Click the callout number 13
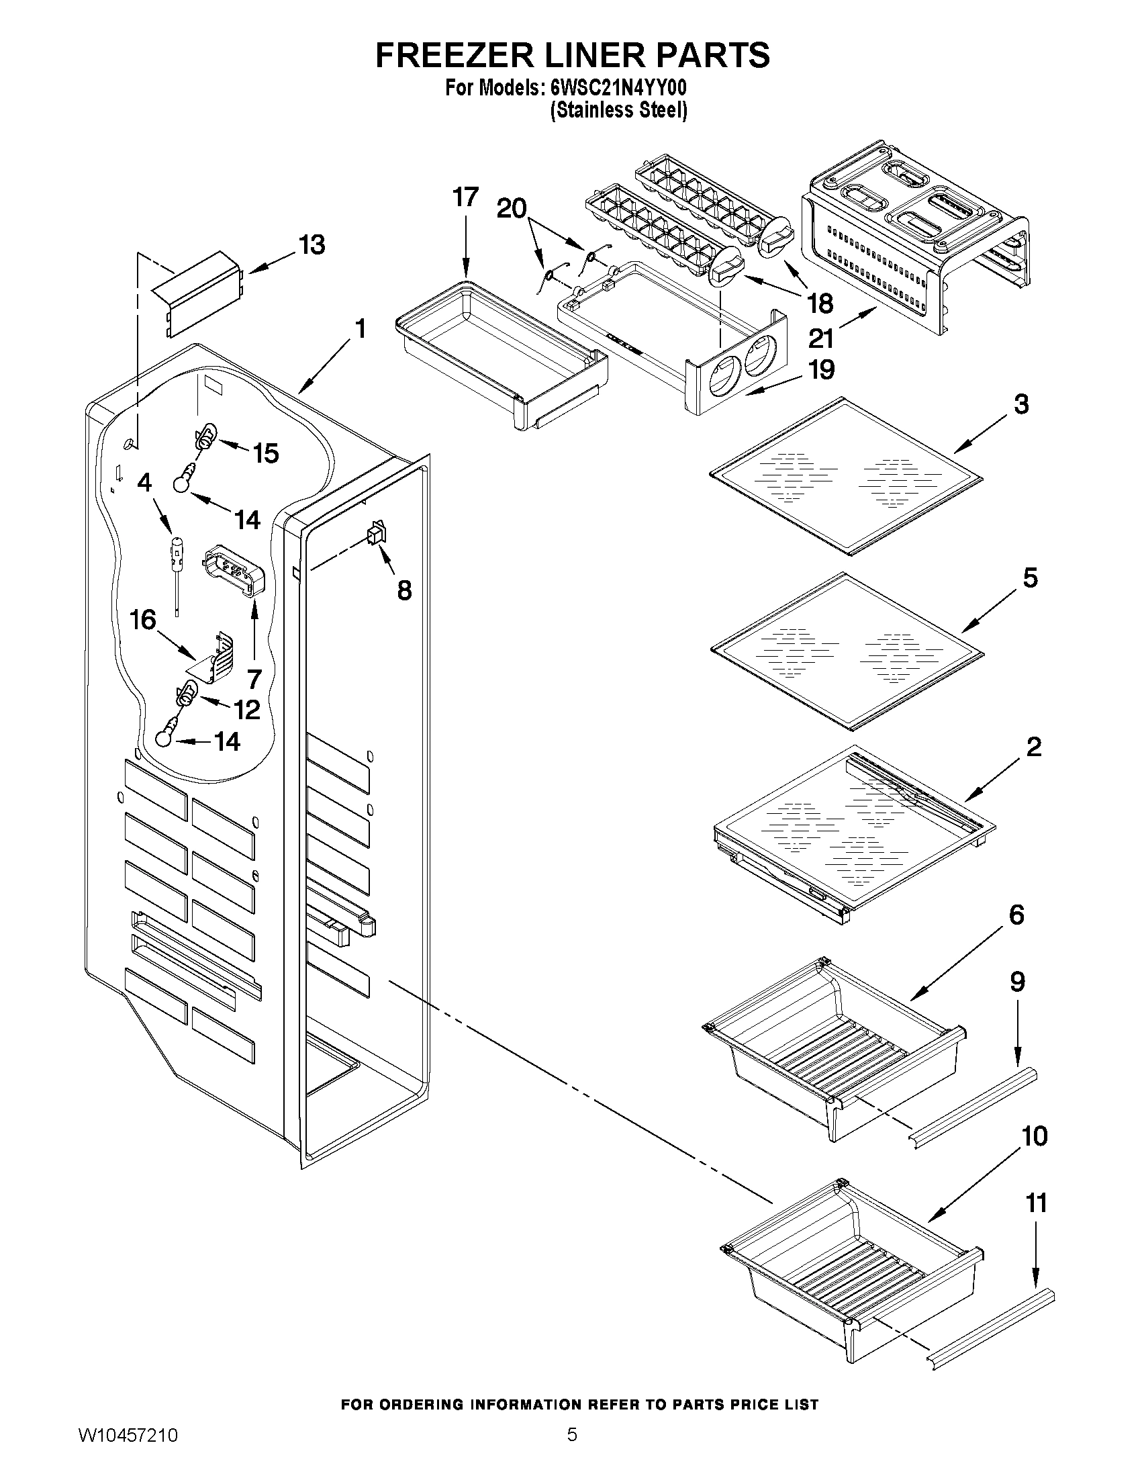[312, 245]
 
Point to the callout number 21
[820, 338]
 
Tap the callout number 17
[465, 197]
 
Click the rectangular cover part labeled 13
[196, 293]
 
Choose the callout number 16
[143, 619]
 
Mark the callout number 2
[1034, 747]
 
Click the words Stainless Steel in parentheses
[618, 110]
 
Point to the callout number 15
[266, 453]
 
